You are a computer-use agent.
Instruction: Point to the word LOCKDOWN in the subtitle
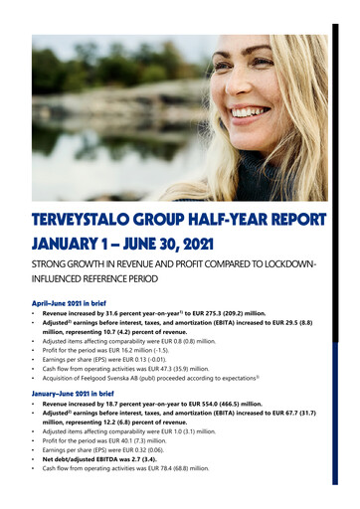pos(299,267)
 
